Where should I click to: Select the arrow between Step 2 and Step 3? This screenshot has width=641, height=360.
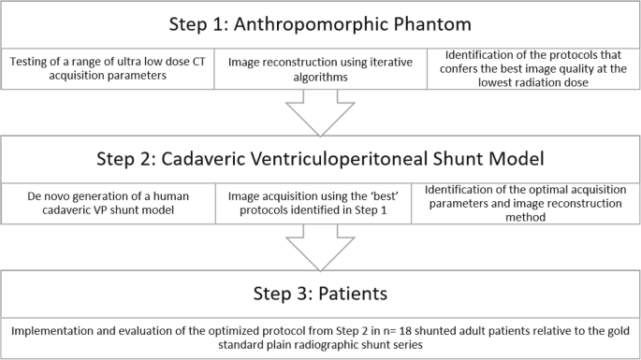[320, 246]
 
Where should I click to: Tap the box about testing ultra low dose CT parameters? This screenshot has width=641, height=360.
[108, 70]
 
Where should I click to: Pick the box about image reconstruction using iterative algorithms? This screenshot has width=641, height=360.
[320, 70]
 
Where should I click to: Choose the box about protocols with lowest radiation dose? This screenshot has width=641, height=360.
[532, 70]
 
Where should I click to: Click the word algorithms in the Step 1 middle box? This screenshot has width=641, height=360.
[320, 78]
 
